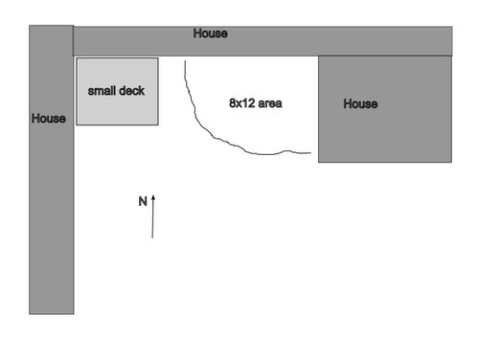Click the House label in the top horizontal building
pyautogui.click(x=211, y=34)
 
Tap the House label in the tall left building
pyautogui.click(x=49, y=119)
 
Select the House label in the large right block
pyautogui.click(x=360, y=103)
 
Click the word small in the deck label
pyautogui.click(x=101, y=91)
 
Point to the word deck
pyautogui.click(x=131, y=91)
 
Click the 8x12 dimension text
pyautogui.click(x=241, y=103)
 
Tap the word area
pyautogui.click(x=270, y=103)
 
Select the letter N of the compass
pyautogui.click(x=143, y=201)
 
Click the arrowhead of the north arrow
pyautogui.click(x=153, y=198)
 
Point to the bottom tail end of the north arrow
pyautogui.click(x=152, y=237)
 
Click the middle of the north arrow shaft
pyautogui.click(x=152, y=216)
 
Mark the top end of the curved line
pyautogui.click(x=185, y=60)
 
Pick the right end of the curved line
pyautogui.click(x=310, y=153)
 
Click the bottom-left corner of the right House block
pyautogui.click(x=318, y=162)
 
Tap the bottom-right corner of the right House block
pyautogui.click(x=452, y=162)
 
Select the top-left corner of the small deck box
pyautogui.click(x=77, y=58)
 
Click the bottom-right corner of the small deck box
pyautogui.click(x=158, y=124)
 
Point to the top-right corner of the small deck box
pyautogui.click(x=158, y=58)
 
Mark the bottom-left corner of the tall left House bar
pyautogui.click(x=29, y=314)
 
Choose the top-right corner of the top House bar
pyautogui.click(x=452, y=27)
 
